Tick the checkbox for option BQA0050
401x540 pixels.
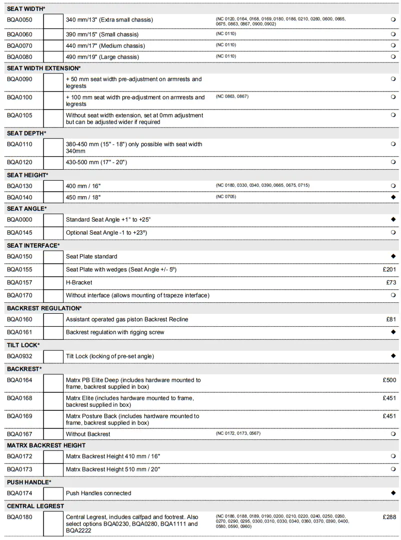(x=53, y=22)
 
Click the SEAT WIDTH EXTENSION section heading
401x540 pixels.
(x=43, y=68)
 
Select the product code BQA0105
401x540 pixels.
(x=19, y=115)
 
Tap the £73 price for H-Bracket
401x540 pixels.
(x=391, y=283)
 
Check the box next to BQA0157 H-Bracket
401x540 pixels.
(x=53, y=283)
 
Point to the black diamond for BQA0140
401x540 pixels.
(x=393, y=197)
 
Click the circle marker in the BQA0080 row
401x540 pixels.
(x=393, y=57)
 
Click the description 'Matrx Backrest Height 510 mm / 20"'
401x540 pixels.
(x=113, y=469)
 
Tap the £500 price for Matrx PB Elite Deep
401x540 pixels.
(x=389, y=380)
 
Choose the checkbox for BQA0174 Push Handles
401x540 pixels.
(x=53, y=493)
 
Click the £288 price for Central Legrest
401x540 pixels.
(x=389, y=516)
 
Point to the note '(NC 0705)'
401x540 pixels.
(x=226, y=197)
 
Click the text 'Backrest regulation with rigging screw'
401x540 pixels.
(x=115, y=332)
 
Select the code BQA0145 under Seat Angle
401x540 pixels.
(x=19, y=233)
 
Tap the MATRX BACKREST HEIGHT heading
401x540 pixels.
(x=46, y=445)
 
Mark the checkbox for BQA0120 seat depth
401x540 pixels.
(x=53, y=163)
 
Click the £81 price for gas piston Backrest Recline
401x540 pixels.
(x=391, y=319)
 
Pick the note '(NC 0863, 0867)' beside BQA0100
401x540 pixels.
(x=232, y=97)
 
